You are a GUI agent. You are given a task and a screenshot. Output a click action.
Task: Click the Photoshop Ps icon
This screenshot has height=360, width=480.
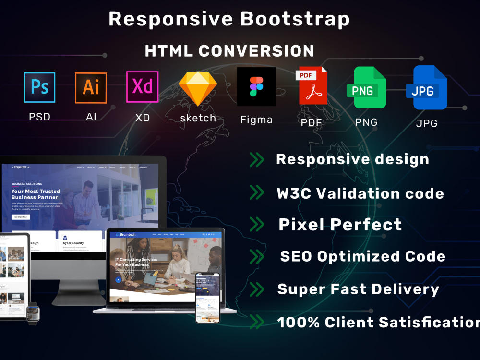click(x=39, y=87)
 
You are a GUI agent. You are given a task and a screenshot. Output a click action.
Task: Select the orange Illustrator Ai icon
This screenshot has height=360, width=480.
click(x=91, y=87)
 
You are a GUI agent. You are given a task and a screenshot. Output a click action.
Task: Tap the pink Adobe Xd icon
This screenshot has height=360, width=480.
click(x=142, y=87)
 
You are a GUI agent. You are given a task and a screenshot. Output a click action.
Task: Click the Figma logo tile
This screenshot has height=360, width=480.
click(x=256, y=86)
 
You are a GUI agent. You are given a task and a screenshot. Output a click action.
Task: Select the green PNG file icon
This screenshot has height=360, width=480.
click(x=367, y=87)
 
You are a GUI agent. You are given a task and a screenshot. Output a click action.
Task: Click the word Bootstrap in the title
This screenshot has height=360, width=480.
click(x=295, y=19)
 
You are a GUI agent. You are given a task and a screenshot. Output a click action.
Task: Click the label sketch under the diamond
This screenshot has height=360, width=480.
click(x=198, y=118)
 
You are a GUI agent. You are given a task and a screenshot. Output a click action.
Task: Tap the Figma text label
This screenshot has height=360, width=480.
click(x=256, y=120)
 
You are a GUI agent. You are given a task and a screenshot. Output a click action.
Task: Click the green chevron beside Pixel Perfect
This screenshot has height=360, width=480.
click(x=257, y=224)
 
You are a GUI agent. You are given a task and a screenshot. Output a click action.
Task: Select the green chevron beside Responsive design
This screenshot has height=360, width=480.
click(x=257, y=159)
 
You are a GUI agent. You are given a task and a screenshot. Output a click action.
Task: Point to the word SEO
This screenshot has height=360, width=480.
click(x=296, y=256)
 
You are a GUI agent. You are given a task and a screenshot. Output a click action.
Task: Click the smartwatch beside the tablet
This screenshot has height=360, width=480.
click(x=33, y=313)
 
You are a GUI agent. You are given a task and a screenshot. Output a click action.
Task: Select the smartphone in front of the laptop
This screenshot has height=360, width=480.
click(x=207, y=298)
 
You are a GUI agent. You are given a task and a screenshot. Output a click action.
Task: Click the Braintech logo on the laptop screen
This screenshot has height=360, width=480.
click(x=125, y=235)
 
